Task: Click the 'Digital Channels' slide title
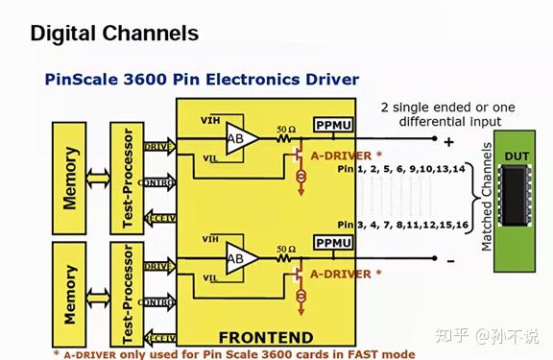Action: tap(114, 34)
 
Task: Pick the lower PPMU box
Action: tap(332, 243)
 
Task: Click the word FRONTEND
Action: tap(265, 337)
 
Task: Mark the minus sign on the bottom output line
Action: tap(447, 259)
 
